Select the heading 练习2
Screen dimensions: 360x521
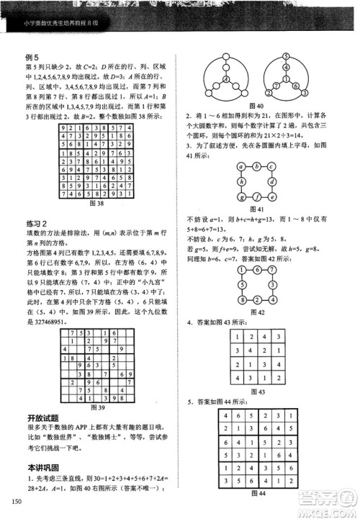click(37, 225)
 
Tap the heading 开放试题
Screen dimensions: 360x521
click(42, 417)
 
